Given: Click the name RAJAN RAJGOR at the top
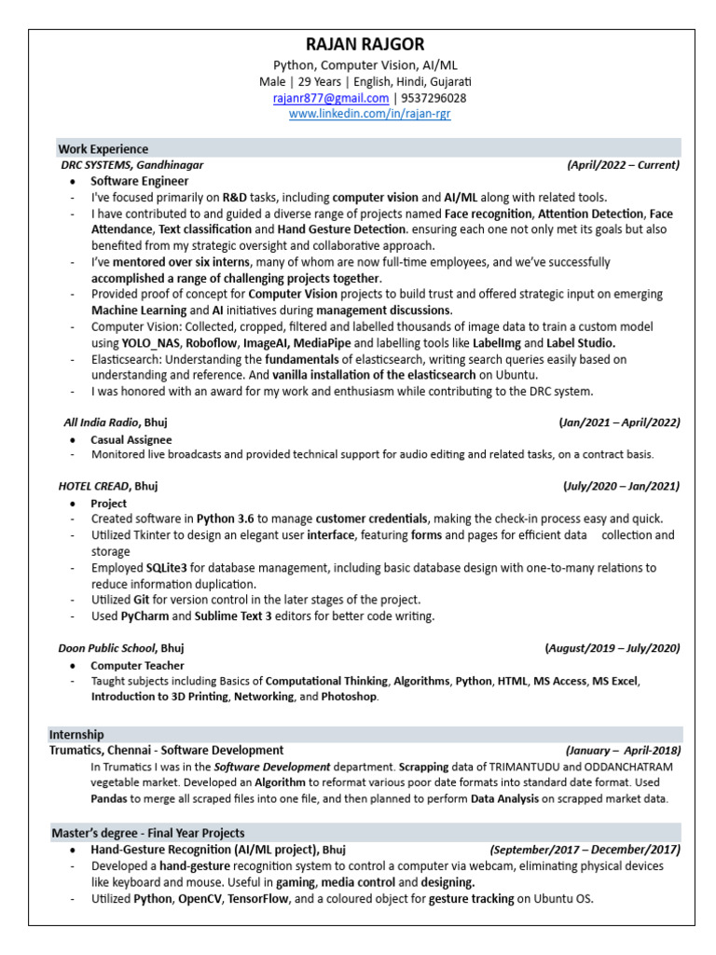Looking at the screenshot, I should coord(358,45).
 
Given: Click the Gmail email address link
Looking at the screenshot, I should coord(330,98).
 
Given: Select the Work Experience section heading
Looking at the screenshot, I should coord(103,149).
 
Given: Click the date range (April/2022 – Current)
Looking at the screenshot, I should coord(623,165).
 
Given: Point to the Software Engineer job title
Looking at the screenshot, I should coord(139,181).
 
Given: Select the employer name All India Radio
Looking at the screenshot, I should coord(102,422).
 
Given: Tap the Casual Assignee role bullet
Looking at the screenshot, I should coord(131,439).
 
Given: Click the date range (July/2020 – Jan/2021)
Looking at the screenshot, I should coord(621,486).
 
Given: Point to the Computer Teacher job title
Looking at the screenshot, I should coord(137,666).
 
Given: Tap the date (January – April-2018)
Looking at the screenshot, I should coord(623,751).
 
